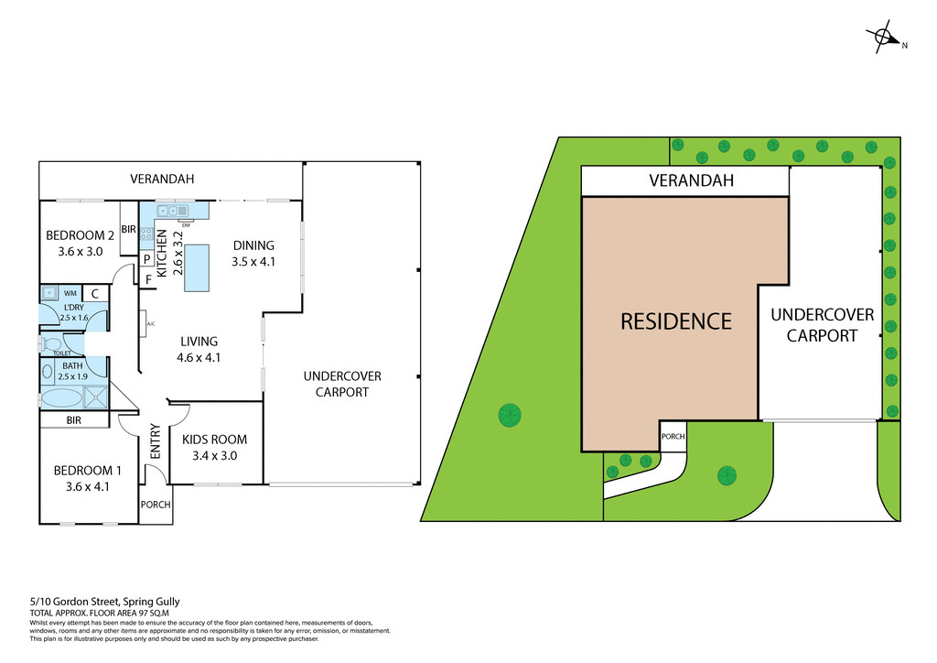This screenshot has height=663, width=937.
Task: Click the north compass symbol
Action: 884,38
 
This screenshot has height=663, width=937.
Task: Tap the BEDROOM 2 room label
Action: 81,243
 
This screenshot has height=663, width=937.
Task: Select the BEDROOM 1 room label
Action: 88,478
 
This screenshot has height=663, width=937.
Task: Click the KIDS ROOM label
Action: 214,447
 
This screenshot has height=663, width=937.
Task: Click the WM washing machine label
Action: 70,293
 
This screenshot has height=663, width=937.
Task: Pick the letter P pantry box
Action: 146,259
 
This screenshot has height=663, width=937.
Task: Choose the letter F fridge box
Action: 146,278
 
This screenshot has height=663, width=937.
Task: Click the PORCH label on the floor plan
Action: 156,505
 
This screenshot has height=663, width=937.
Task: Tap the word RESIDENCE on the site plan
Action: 676,321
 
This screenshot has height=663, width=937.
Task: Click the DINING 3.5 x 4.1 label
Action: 253,253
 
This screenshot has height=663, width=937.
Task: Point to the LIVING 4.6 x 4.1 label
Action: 199,350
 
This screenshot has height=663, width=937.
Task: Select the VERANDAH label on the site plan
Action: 692,180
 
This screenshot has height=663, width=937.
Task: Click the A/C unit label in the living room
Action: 150,323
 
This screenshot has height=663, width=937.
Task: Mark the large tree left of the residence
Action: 510,415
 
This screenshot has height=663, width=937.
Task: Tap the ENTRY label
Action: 155,441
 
